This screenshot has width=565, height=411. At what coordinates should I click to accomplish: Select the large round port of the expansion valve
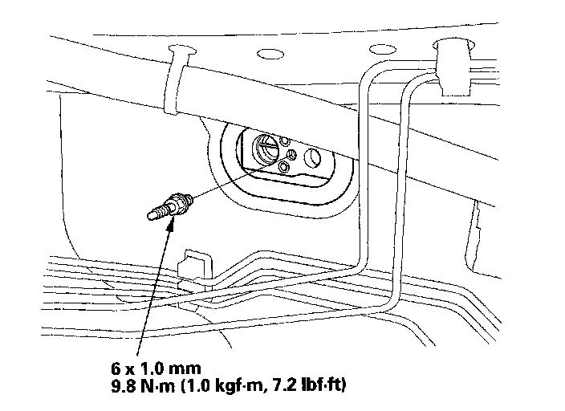(266, 149)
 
